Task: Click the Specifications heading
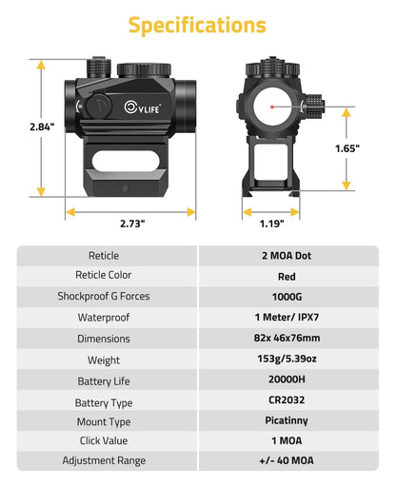[x=198, y=24]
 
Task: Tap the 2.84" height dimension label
[x=16, y=127]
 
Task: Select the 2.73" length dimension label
[x=132, y=224]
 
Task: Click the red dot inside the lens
[x=273, y=108]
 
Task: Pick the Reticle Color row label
[x=104, y=276]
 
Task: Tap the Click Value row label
[x=104, y=441]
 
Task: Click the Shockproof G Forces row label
[x=104, y=296]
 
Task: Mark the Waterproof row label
[x=104, y=317]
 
